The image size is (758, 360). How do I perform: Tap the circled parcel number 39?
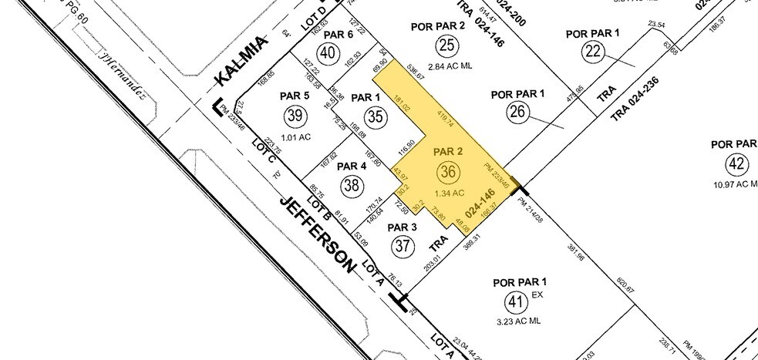point(294,116)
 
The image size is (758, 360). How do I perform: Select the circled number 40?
point(329,53)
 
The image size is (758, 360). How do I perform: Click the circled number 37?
point(402,246)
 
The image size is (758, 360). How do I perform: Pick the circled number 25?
point(446,44)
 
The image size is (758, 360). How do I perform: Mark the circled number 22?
point(593,52)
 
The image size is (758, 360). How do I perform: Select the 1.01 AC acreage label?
point(293,139)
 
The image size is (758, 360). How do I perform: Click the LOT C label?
point(264,150)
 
